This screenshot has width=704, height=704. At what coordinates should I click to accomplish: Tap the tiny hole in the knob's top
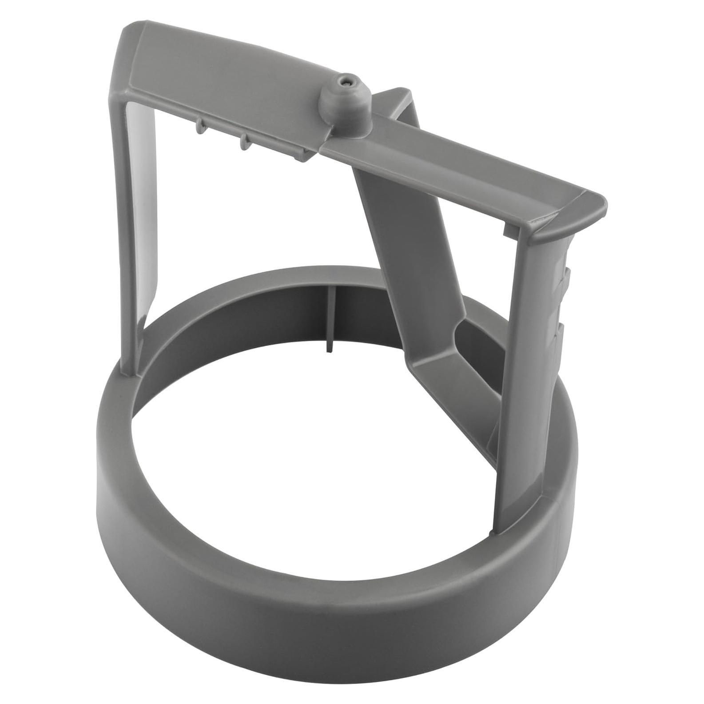[346, 81]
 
